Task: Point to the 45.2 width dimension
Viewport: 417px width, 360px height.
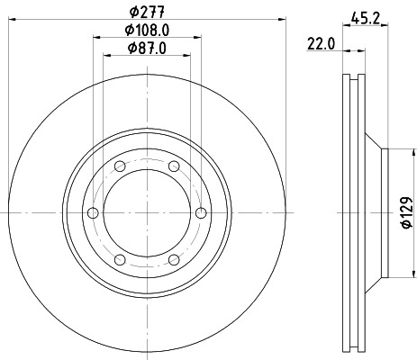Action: click(365, 16)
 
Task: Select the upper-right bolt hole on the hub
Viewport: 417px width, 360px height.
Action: click(171, 166)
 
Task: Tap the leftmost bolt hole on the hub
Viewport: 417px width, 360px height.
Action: click(92, 212)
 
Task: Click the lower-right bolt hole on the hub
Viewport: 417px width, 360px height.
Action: click(171, 258)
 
